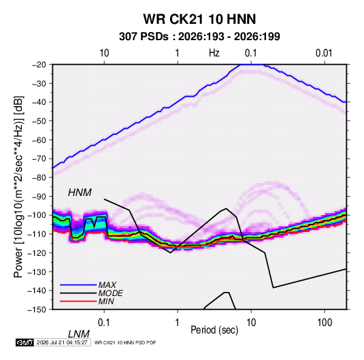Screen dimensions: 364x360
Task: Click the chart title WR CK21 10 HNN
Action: [199, 19]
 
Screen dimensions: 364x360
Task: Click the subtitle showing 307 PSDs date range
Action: [199, 37]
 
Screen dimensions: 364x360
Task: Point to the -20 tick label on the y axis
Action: [39, 65]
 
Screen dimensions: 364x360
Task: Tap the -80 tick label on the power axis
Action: [39, 178]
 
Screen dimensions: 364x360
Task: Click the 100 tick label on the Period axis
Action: [325, 323]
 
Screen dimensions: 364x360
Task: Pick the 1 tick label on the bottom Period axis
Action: [178, 323]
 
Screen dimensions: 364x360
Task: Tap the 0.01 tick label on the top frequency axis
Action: [324, 53]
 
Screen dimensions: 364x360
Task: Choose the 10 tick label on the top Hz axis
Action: [104, 53]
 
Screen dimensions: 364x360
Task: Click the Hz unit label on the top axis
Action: [214, 53]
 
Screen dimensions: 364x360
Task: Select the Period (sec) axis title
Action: [214, 330]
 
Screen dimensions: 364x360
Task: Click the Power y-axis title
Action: [18, 186]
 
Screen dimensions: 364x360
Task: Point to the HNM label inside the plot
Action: [80, 193]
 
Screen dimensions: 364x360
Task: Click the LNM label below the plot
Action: [78, 334]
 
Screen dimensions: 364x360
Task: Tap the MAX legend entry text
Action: [107, 284]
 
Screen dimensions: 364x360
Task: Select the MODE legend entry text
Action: [110, 293]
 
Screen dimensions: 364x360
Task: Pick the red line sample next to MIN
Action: [78, 301]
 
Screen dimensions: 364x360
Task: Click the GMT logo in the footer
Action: [24, 342]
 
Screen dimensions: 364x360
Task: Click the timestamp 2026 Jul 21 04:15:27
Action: [62, 342]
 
